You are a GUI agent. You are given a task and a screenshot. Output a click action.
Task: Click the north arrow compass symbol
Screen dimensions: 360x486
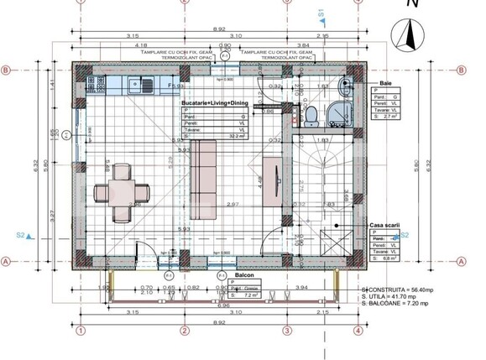[410, 35]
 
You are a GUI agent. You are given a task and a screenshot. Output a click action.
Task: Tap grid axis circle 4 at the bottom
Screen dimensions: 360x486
[358, 330]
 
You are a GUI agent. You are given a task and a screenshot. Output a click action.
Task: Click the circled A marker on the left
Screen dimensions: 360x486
[6, 261]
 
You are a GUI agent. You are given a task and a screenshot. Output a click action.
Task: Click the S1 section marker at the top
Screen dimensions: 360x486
[321, 13]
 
